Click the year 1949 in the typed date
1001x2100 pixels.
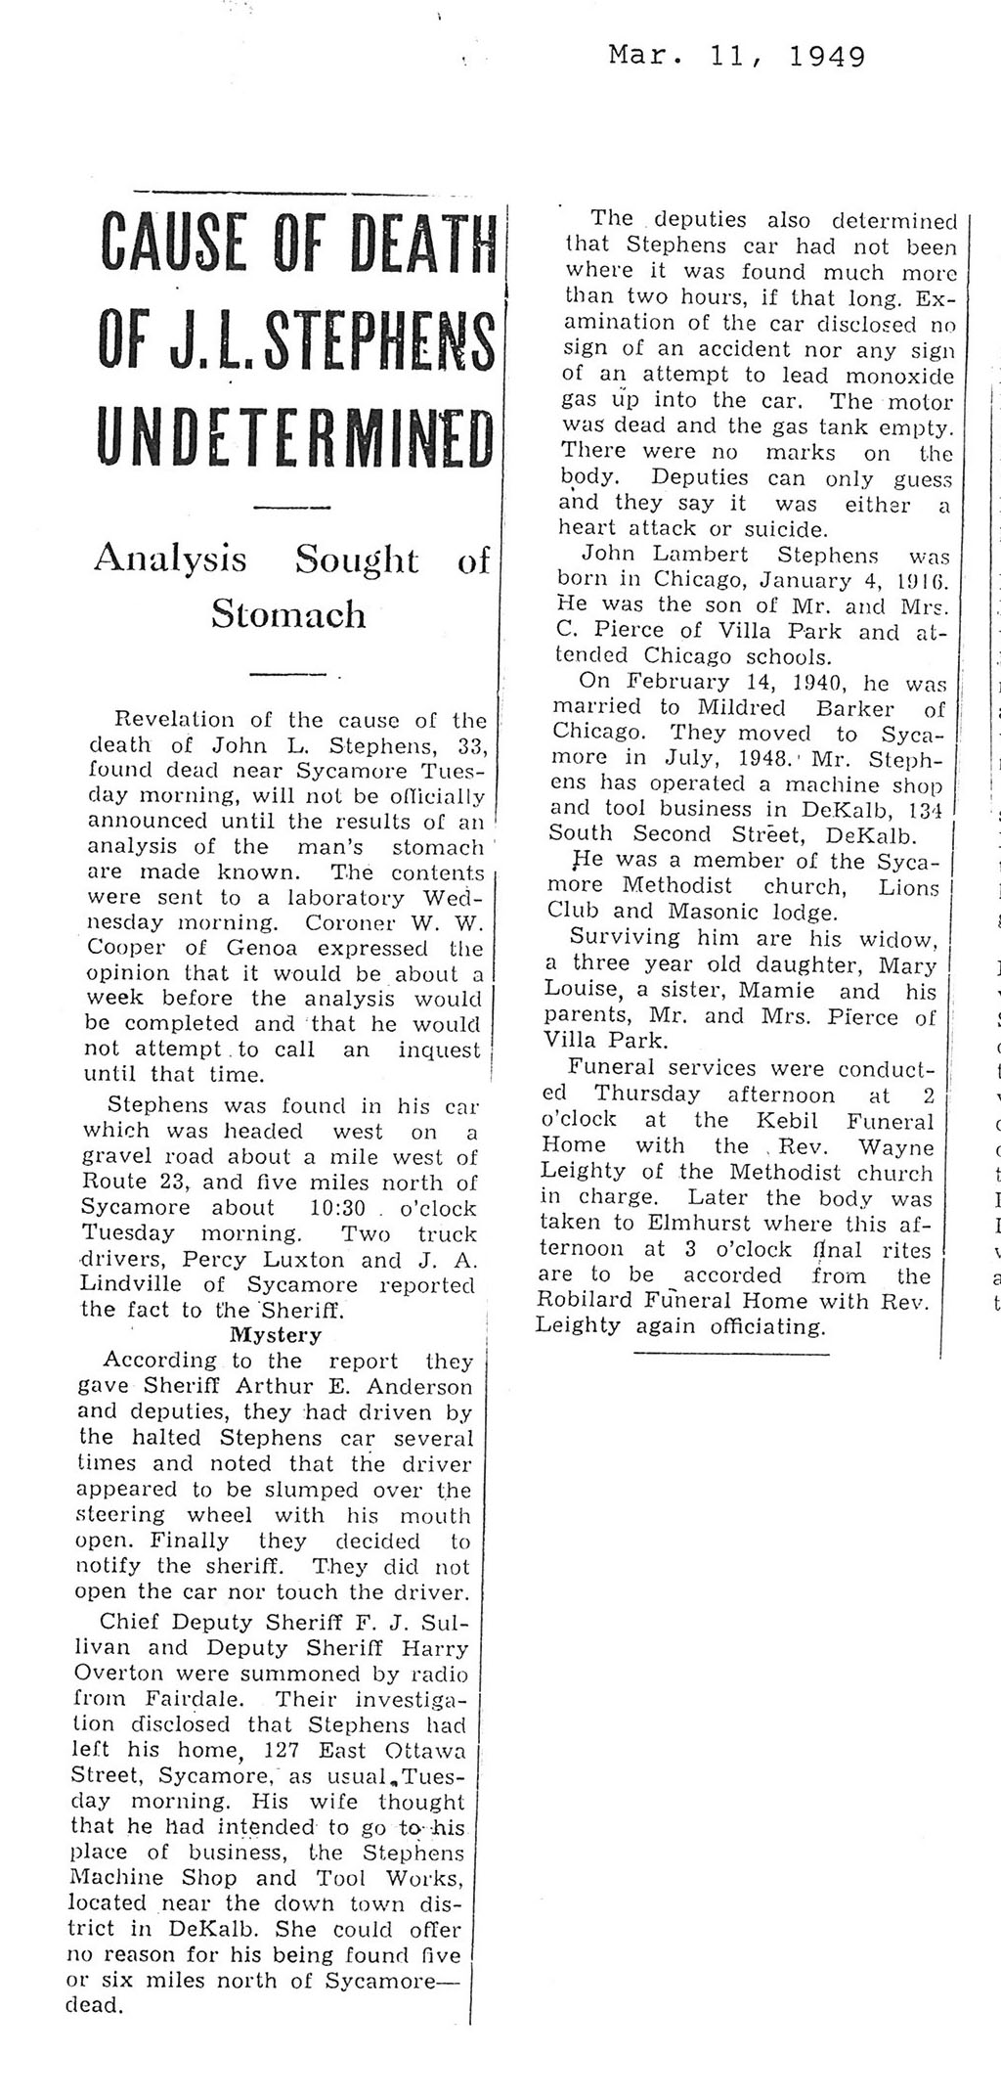[x=826, y=57]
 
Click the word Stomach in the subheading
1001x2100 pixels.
[x=289, y=614]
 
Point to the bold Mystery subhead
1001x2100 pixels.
[x=275, y=1334]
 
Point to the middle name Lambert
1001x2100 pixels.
[x=700, y=555]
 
